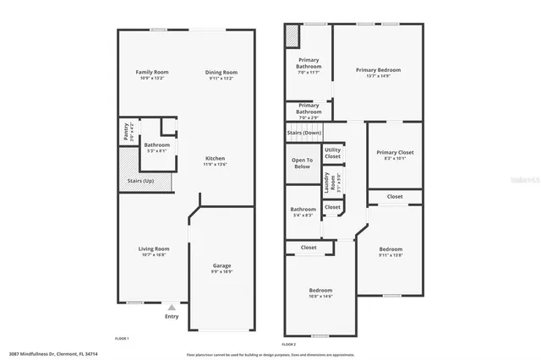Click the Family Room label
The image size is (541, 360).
point(152,73)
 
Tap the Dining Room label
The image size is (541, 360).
point(221,73)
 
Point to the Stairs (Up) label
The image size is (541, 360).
point(140,181)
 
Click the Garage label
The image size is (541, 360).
point(221,266)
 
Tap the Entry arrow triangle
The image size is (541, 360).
point(172,308)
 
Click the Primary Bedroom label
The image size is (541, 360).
point(378,70)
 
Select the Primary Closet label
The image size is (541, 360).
point(395,152)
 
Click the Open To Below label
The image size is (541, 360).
point(302,163)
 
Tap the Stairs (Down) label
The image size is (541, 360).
point(304,133)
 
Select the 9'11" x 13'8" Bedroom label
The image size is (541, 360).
point(390,250)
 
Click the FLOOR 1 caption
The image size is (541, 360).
point(122,338)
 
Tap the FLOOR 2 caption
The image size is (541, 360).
point(289,344)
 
